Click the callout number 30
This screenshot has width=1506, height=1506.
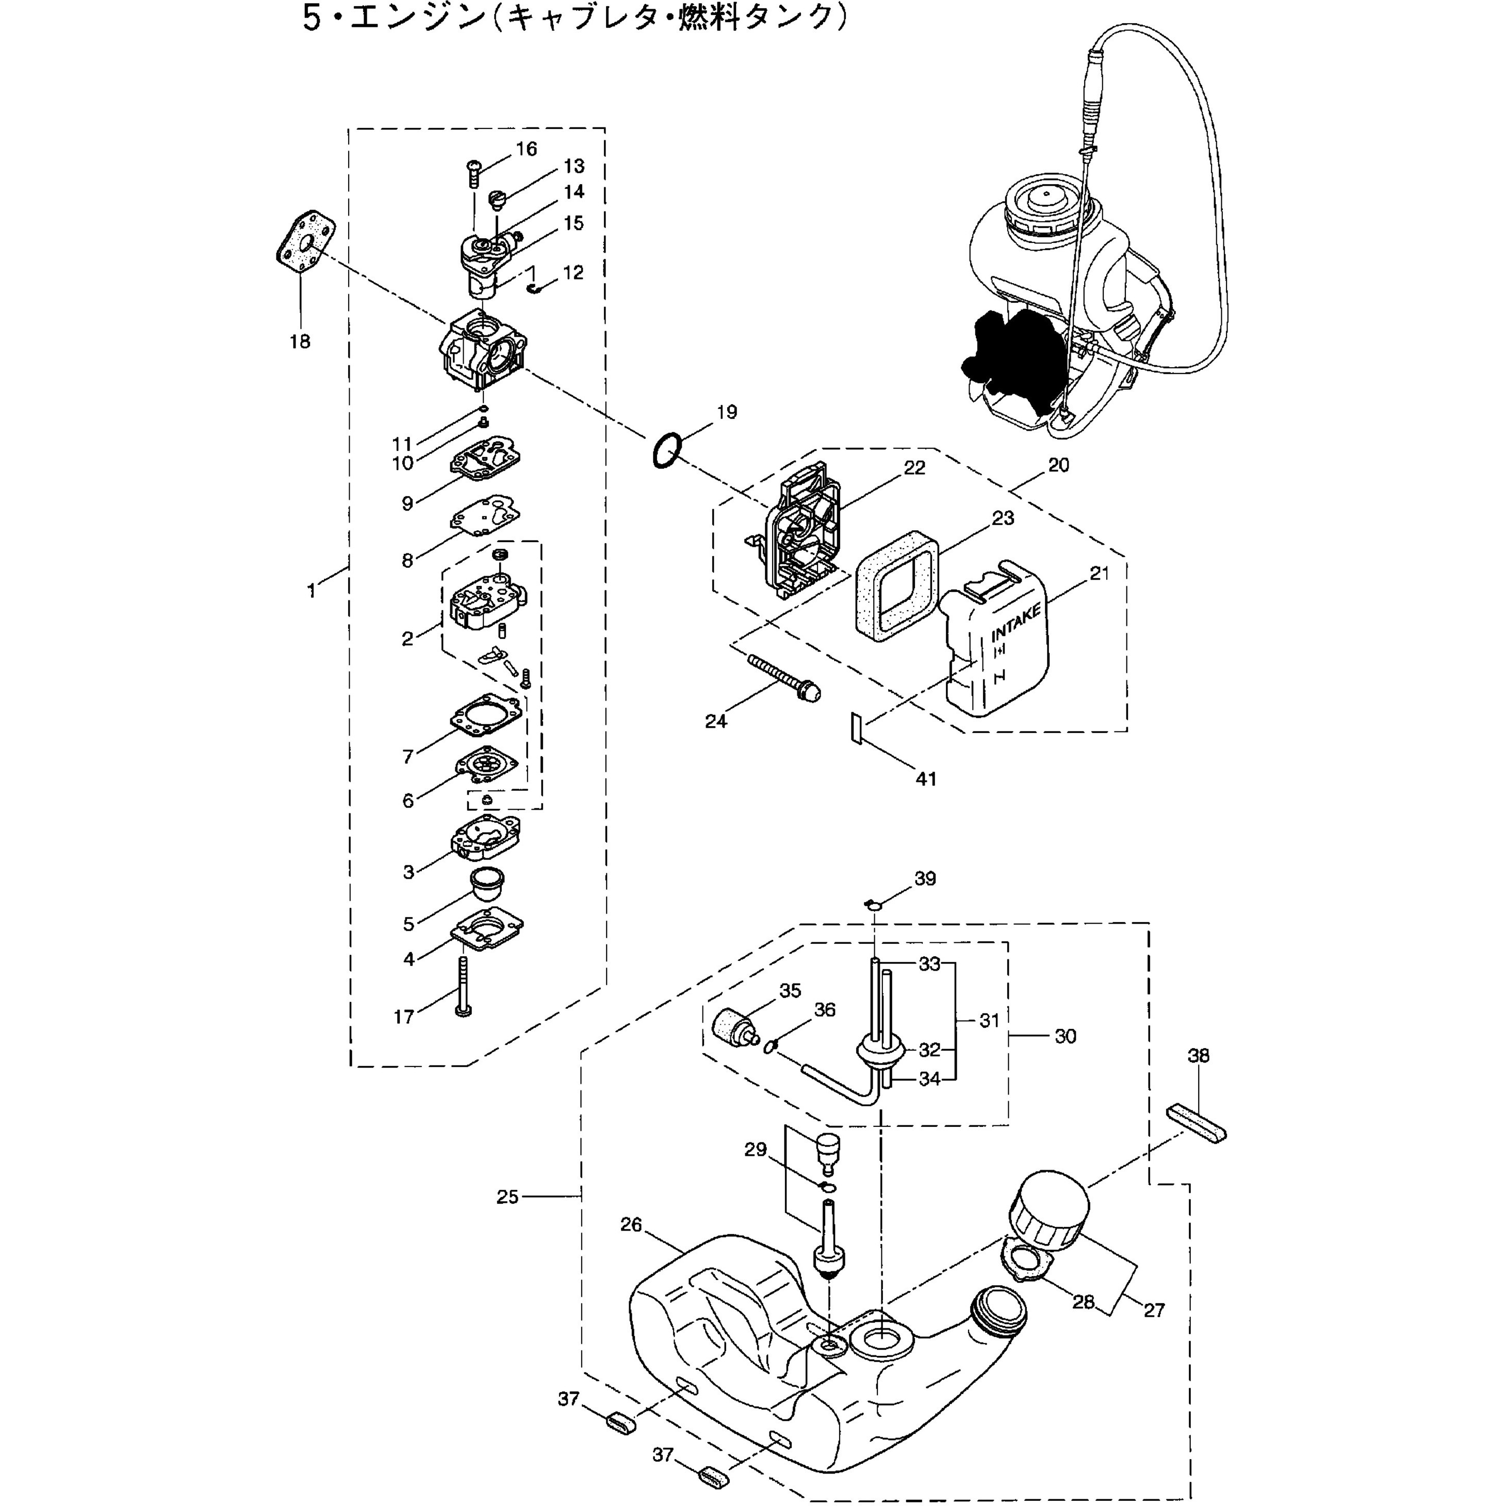point(1065,1036)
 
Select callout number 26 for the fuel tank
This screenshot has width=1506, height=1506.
point(631,1224)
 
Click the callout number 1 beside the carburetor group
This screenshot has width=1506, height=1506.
point(312,592)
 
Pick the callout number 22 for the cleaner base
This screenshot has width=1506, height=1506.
point(914,468)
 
